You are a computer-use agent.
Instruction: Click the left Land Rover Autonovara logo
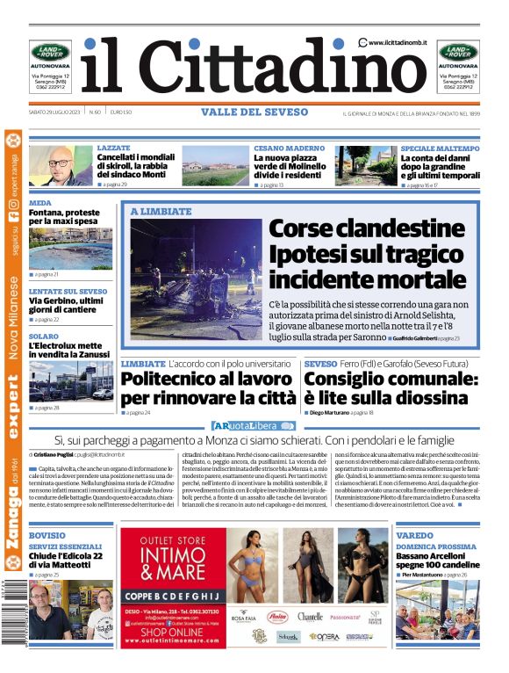pos(50,53)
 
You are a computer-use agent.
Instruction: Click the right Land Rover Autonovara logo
pos(458,53)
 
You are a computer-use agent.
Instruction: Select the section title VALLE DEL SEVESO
pos(254,112)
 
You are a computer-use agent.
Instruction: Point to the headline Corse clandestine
pos(367,230)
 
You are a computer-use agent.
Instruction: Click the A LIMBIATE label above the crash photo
pos(161,212)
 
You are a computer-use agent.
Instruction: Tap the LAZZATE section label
pos(114,148)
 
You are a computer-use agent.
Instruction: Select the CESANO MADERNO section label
pos(289,148)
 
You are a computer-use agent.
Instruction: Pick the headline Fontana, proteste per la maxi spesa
pos(70,216)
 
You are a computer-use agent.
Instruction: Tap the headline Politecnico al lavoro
pos(208,388)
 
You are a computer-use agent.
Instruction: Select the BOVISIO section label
pos(47,535)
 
